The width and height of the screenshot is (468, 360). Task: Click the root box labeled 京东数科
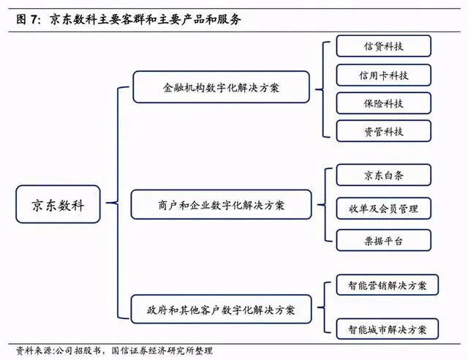pos(58,204)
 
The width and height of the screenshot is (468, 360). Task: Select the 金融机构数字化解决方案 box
pos(221,87)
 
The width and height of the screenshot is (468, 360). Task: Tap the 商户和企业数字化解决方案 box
pos(221,205)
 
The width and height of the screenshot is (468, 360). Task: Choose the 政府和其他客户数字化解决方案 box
pos(221,310)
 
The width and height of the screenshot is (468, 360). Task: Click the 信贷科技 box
pos(383,46)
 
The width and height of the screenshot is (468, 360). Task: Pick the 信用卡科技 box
pos(383,75)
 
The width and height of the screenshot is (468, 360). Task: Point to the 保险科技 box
pos(383,103)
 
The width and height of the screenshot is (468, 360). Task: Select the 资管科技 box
pos(383,131)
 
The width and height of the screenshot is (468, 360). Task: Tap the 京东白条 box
pos(383,175)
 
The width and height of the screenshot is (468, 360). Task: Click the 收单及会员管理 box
pos(383,209)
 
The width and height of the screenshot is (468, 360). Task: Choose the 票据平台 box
pos(383,240)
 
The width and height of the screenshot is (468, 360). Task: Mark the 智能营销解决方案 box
pos(387,285)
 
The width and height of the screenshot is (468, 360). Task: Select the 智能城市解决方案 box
pos(387,329)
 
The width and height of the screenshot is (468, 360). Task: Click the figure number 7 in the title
pos(34,20)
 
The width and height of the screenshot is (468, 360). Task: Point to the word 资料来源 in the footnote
pos(34,350)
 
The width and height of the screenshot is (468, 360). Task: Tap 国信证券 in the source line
pos(129,350)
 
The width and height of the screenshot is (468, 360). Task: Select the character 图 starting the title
pos(21,20)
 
